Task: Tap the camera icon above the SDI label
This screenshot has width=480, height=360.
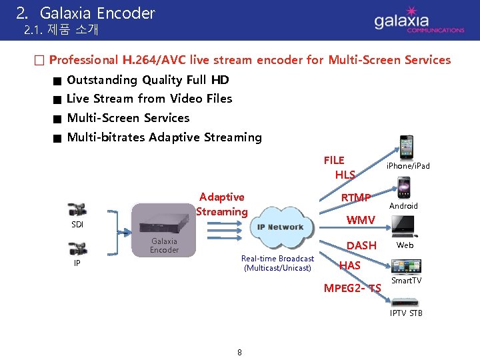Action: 77,209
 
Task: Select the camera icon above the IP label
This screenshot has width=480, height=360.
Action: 77,249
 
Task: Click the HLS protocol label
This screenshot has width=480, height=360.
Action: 345,175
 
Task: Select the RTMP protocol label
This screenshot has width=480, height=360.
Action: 355,197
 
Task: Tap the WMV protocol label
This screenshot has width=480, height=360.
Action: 360,220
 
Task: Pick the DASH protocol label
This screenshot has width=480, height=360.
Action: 361,245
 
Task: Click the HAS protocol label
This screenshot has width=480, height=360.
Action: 349,265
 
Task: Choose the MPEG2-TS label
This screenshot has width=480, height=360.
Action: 352,289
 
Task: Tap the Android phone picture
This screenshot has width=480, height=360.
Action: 403,187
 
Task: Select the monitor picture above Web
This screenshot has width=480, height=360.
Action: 404,227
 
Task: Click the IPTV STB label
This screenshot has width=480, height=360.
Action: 406,313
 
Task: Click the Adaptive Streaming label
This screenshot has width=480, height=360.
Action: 222,204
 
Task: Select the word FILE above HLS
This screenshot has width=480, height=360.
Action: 334,160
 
